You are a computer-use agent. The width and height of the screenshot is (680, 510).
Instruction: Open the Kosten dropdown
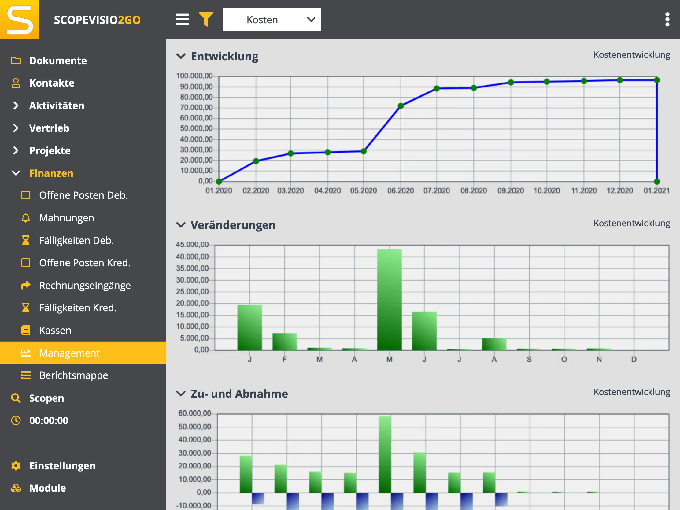point(272,20)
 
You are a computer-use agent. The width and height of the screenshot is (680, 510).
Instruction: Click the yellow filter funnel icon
point(206,19)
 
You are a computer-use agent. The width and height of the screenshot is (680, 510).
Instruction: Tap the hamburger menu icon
point(182,19)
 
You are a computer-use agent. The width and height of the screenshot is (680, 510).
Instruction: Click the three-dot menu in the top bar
point(667,19)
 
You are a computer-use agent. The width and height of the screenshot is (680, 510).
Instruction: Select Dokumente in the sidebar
point(58,61)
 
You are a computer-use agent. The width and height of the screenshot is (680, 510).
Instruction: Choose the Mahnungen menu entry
point(66,218)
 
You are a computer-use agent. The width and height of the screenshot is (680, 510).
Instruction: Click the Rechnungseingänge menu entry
point(85,285)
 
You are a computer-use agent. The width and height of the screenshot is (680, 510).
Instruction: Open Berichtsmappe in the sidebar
point(73,375)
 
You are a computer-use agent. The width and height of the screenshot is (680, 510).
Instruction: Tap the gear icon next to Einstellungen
point(16,466)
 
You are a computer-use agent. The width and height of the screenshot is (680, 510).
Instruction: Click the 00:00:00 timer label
point(49,420)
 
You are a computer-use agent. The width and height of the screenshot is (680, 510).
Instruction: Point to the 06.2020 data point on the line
point(401,106)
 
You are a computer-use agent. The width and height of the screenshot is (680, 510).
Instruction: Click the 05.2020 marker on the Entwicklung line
point(363,151)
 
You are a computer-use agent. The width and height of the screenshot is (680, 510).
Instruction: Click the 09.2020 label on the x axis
point(511,190)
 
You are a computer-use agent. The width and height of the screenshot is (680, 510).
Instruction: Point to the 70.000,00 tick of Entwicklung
point(196,108)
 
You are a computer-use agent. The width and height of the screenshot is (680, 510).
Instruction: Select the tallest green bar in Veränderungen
point(389,300)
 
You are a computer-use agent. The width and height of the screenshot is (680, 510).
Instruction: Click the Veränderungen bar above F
point(284,342)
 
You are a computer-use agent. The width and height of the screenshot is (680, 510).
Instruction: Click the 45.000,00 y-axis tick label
point(192,245)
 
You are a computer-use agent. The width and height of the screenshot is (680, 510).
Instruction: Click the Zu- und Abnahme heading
point(239,394)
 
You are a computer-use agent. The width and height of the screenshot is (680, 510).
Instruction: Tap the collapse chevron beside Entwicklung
point(181,56)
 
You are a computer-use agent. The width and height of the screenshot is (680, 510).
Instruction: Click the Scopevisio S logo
point(20,20)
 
